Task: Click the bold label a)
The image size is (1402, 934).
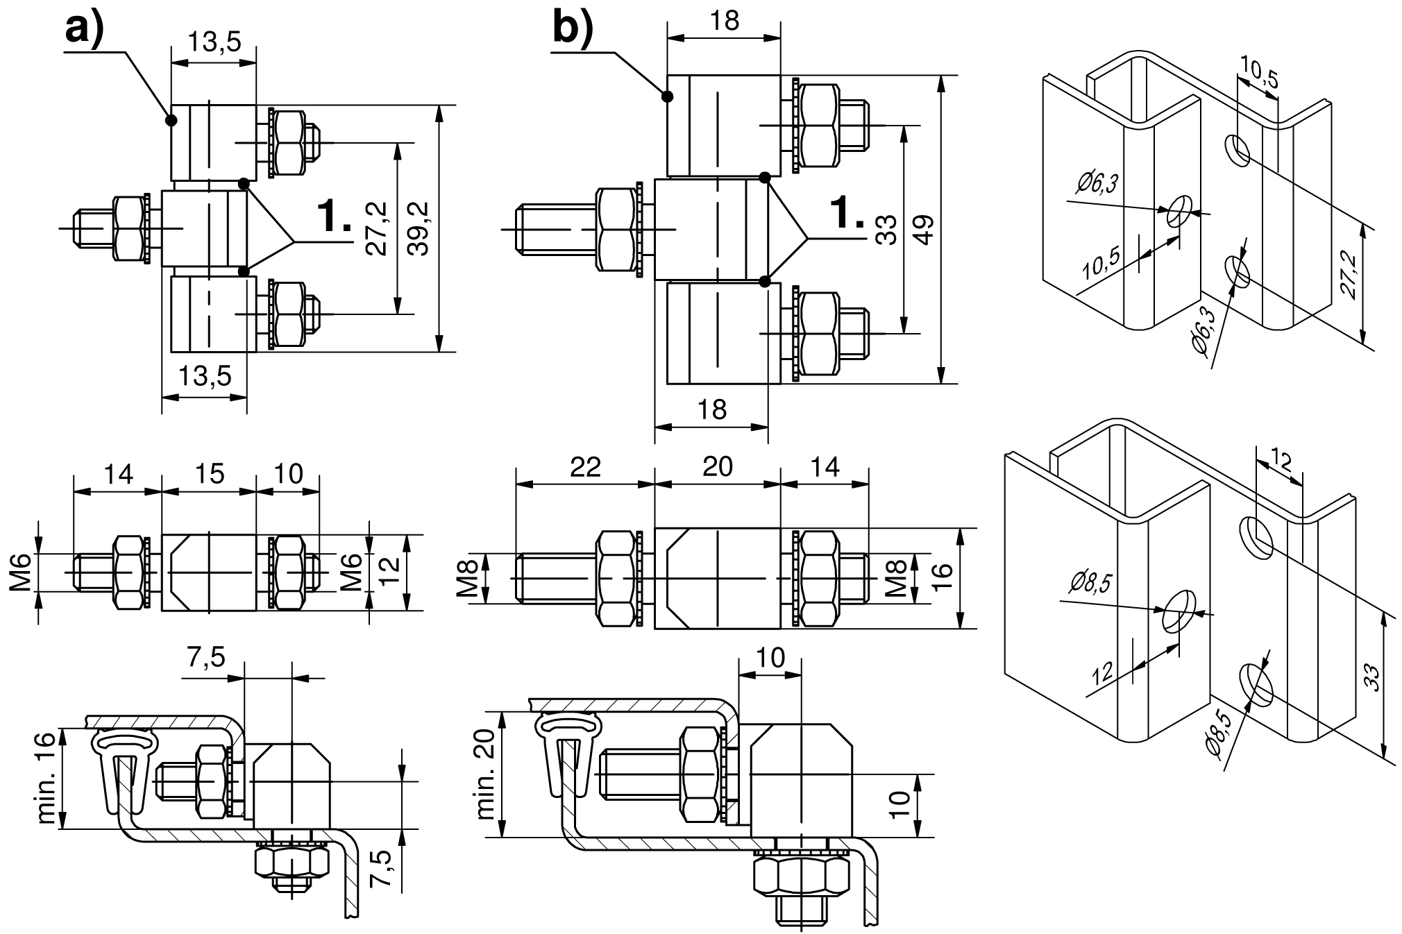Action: pyautogui.click(x=83, y=31)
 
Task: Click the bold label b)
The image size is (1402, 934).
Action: pyautogui.click(x=573, y=30)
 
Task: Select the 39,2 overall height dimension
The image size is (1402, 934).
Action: pyautogui.click(x=419, y=229)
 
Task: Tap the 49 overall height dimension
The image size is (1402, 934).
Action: pyautogui.click(x=924, y=229)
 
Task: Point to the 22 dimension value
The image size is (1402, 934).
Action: pyautogui.click(x=584, y=467)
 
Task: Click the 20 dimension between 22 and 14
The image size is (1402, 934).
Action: pyautogui.click(x=717, y=467)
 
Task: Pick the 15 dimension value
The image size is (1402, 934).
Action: pyautogui.click(x=209, y=474)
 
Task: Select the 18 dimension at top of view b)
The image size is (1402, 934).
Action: pyautogui.click(x=725, y=21)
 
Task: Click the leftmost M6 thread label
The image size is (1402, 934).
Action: pyautogui.click(x=21, y=573)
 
